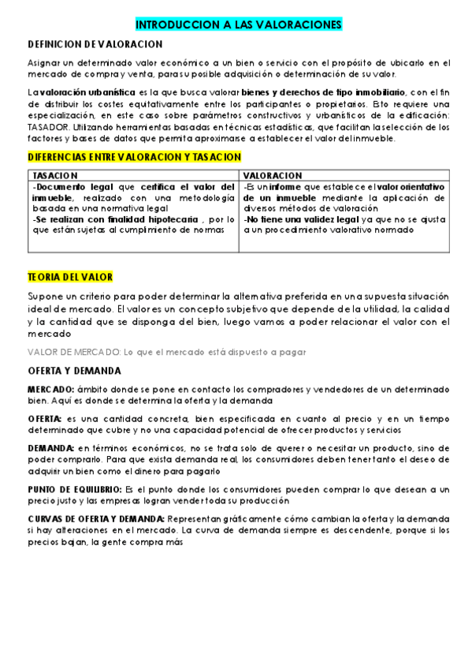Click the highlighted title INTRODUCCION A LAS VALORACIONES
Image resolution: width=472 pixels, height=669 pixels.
239,25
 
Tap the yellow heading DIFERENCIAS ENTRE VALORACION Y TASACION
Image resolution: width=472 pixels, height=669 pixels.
134,158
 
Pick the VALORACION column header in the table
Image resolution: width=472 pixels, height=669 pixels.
273,175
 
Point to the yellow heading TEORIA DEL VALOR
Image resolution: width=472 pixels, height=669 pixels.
70,277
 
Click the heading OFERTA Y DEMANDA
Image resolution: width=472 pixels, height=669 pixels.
75,370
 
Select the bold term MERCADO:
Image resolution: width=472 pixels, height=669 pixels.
51,390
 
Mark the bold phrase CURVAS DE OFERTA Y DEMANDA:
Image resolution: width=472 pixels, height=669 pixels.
97,518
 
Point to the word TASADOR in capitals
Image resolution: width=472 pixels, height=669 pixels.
48,127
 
